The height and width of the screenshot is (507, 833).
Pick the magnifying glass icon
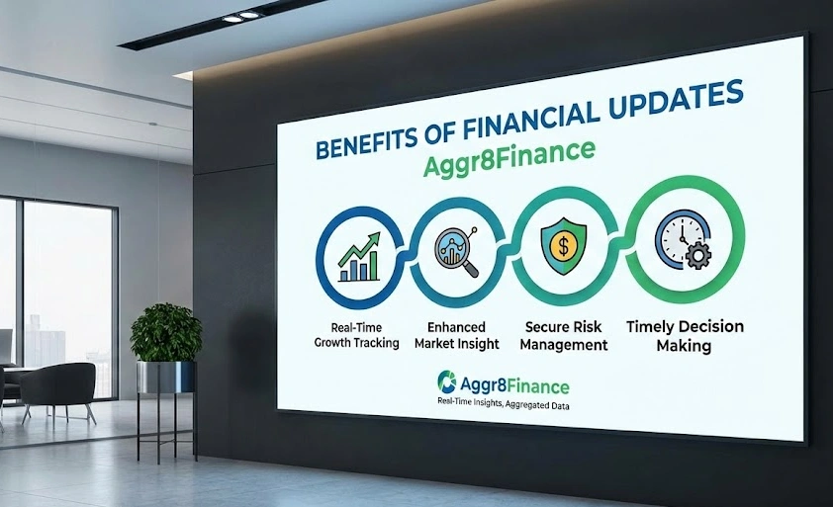[x=454, y=250]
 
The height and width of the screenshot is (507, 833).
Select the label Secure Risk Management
[x=561, y=336]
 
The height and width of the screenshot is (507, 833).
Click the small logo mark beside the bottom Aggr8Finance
[x=445, y=380]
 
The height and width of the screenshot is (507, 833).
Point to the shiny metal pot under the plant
[x=166, y=377]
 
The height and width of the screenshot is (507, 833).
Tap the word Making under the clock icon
[x=685, y=346]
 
